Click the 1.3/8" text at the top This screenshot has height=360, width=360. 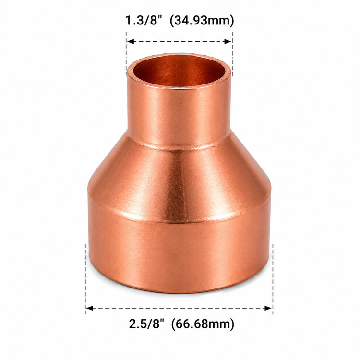pyautogui.click(x=144, y=21)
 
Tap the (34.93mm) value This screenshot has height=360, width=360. pyautogui.click(x=202, y=21)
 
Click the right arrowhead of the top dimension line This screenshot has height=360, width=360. pyautogui.click(x=228, y=42)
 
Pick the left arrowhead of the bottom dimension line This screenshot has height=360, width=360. pyautogui.click(x=90, y=308)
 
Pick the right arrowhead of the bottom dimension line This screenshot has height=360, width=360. pyautogui.click(x=268, y=308)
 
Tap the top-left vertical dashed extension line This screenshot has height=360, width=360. pyautogui.click(x=126, y=54)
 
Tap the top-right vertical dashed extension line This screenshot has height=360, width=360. pyautogui.click(x=232, y=54)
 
